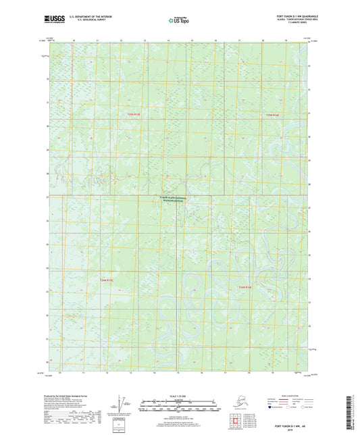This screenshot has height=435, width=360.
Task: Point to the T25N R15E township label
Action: (135, 116)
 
